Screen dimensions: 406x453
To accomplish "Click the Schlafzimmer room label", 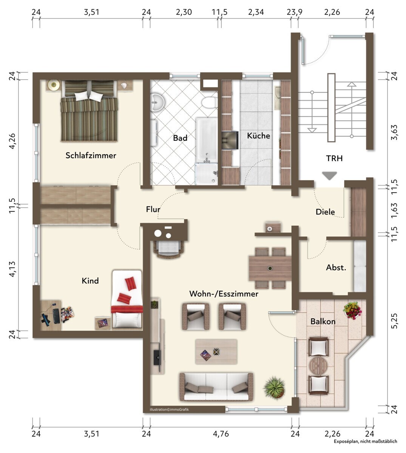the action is tap(91, 156).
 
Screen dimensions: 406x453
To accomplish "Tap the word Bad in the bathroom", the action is tap(180, 138).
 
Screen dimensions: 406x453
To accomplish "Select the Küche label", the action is tap(258, 136).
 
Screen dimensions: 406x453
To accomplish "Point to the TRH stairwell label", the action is tap(334, 158).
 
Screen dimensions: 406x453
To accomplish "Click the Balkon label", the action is tap(323, 322).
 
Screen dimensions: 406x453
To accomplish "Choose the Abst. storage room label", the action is tap(336, 267).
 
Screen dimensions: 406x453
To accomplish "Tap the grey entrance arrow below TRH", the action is tap(329, 176).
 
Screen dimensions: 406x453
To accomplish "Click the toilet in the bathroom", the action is tap(209, 102).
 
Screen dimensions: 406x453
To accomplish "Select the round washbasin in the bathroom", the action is tap(157, 102).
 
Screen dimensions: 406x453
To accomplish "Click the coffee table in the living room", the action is tap(216, 351).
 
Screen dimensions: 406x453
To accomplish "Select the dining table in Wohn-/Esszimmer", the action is tap(270, 268).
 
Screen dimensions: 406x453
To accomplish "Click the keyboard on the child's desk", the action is tap(56, 316).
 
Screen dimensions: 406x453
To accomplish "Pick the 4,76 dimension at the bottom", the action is tap(221, 434).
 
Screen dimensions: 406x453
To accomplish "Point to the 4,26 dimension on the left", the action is tap(12, 141).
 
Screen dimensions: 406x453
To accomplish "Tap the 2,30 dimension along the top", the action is tap(184, 12).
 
